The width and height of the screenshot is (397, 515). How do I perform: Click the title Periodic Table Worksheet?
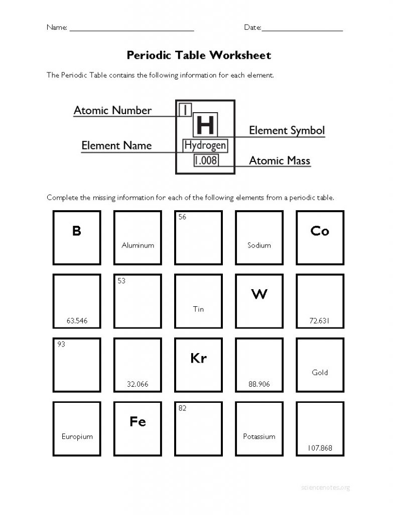(199, 55)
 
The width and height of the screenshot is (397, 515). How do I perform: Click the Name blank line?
(131, 30)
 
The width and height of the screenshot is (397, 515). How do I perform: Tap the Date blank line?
(302, 30)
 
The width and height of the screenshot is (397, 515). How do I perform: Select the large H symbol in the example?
(205, 124)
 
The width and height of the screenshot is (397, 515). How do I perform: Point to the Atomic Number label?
(112, 110)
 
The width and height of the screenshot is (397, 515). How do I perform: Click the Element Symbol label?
(287, 131)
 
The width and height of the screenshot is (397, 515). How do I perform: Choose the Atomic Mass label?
(280, 161)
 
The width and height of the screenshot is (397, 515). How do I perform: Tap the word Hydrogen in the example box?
(205, 146)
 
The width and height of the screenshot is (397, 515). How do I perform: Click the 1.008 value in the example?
(206, 161)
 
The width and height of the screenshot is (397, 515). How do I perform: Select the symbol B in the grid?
(76, 231)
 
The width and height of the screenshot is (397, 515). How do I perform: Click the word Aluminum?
(138, 245)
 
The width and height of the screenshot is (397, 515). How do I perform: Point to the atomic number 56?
(182, 217)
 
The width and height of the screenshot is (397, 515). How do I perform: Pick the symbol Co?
(320, 231)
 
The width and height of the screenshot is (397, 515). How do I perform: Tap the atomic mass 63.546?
(77, 320)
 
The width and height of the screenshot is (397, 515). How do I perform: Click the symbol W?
(259, 294)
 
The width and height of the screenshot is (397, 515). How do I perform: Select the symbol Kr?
(198, 358)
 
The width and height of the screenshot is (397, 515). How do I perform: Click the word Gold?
(320, 373)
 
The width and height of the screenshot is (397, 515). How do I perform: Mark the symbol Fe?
(138, 421)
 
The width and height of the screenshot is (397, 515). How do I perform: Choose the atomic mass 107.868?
(320, 448)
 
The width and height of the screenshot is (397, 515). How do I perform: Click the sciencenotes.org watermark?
(326, 487)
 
